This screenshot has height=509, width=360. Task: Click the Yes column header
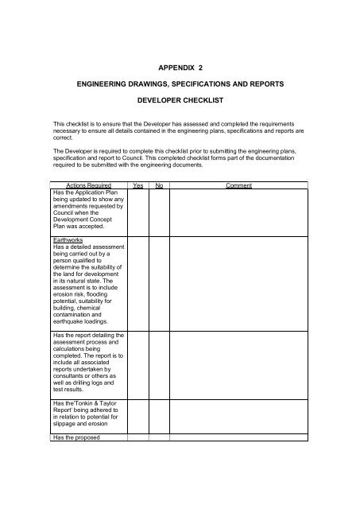[137, 185]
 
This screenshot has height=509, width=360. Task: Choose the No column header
[158, 185]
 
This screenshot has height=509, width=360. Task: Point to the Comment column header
[238, 185]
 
